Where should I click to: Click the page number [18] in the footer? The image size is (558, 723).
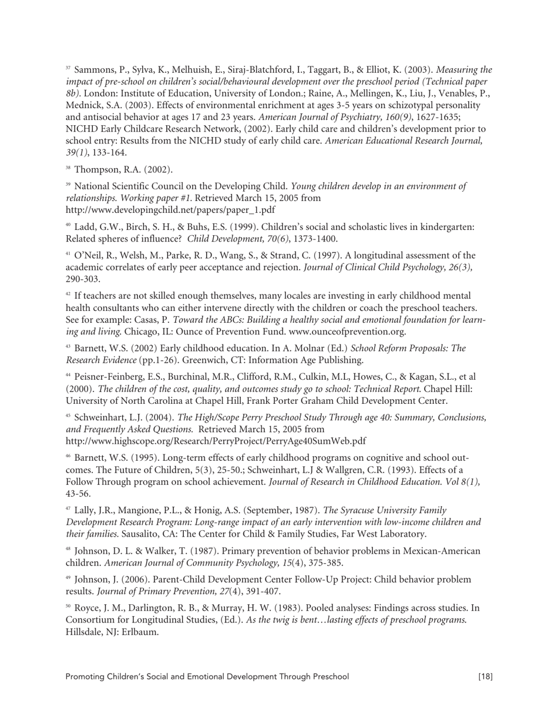pyautogui.click(x=485, y=677)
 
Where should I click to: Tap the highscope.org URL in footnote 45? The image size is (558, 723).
pyautogui.click(x=216, y=441)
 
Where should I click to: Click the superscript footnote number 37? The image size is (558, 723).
pyautogui.click(x=68, y=68)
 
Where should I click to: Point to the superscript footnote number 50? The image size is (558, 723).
pyautogui.click(x=68, y=607)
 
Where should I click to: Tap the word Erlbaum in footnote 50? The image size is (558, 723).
pyautogui.click(x=141, y=632)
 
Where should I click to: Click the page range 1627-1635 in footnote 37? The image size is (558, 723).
pyautogui.click(x=434, y=118)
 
